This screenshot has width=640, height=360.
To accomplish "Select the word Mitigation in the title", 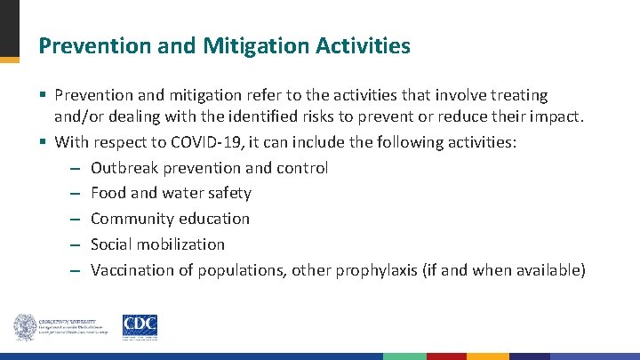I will tap(249, 45).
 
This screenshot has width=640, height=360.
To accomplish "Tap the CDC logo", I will tap(140, 327).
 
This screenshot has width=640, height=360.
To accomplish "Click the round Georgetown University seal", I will tap(24, 327).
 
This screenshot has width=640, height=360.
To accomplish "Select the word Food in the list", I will tap(108, 193).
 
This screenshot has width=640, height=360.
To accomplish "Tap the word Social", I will tap(111, 244).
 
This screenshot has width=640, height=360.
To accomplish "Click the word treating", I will tap(519, 94).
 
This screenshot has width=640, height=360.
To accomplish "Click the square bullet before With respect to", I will tap(44, 141).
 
